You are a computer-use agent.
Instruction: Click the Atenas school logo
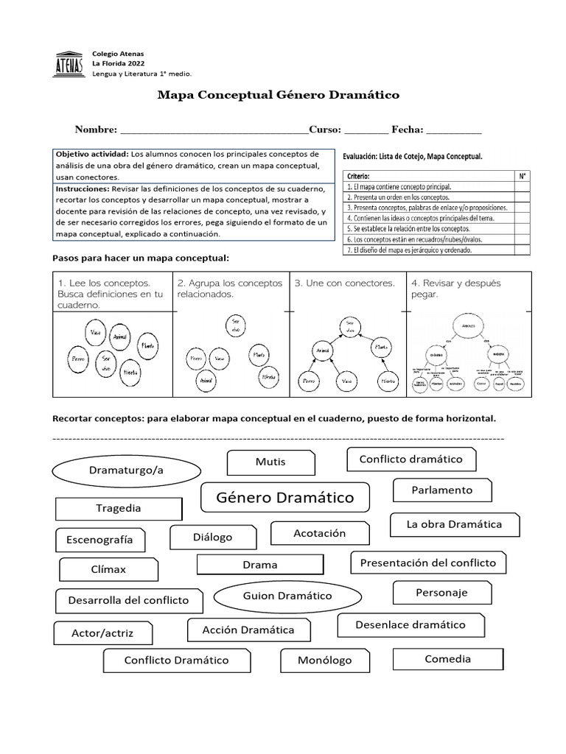coord(70,64)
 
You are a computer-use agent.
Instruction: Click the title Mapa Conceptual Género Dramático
coord(279,95)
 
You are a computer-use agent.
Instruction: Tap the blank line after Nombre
coord(213,130)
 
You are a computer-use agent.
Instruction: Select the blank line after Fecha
coord(453,130)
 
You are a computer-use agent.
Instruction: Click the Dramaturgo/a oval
coord(126,471)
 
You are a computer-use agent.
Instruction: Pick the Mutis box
coord(270,462)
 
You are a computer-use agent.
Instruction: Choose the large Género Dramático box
coord(285,498)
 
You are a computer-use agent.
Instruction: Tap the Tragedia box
coord(119,509)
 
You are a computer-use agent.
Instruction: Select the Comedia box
coord(447,659)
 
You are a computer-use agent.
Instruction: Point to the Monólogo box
coord(324,660)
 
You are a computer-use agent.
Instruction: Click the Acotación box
coord(319,533)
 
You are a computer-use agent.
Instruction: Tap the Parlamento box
coord(442,490)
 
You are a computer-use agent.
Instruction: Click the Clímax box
coord(108,570)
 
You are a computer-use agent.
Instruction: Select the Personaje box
coord(441,593)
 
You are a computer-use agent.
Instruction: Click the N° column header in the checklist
coord(522,176)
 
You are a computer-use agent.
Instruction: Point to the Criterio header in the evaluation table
coord(357,176)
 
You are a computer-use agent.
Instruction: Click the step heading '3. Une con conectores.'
coord(345,283)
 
